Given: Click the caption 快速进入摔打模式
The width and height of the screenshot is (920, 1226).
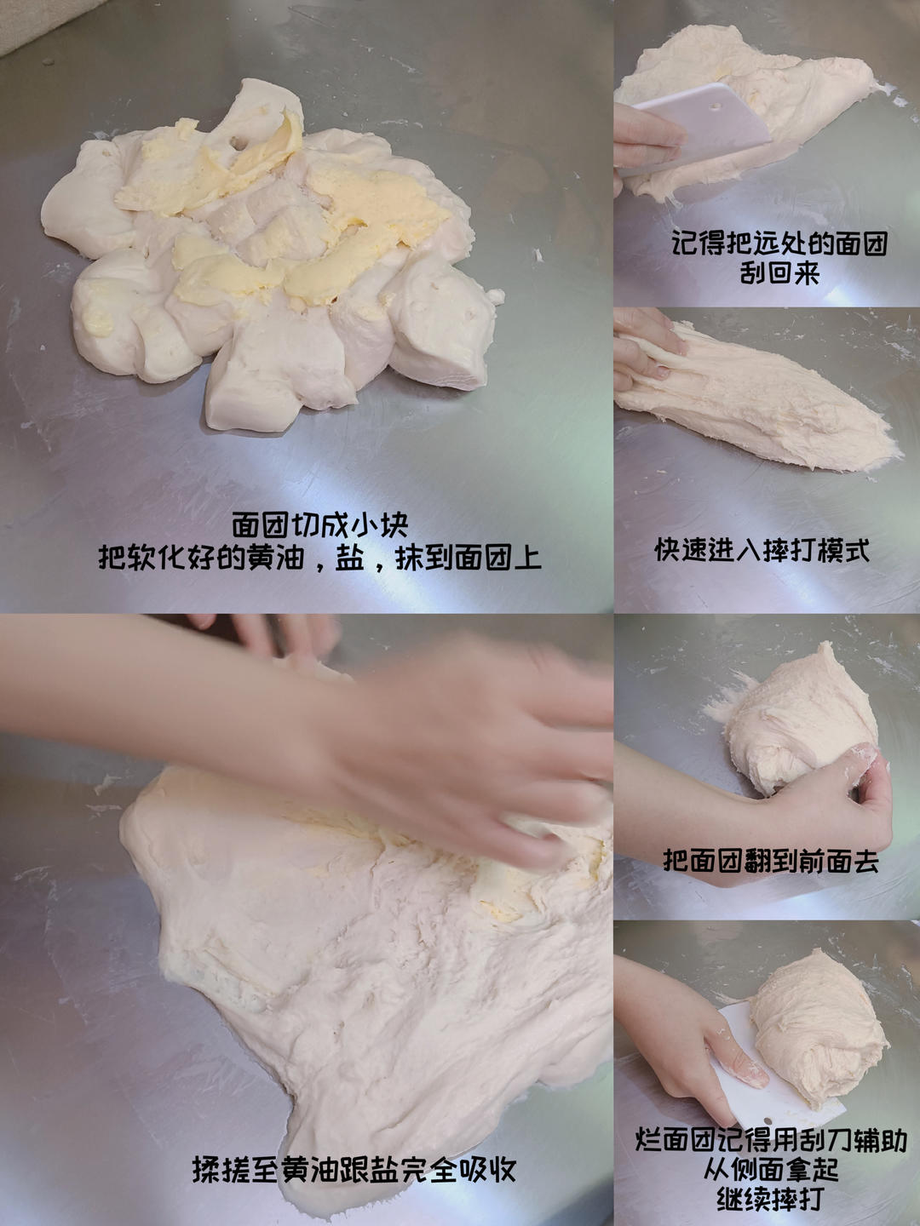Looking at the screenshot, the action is [762, 550].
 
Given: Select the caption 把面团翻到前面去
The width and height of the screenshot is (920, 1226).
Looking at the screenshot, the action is [771, 861].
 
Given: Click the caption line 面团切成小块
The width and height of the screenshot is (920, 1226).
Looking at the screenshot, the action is [320, 525].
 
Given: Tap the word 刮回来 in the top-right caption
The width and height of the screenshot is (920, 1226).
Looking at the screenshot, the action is [779, 273].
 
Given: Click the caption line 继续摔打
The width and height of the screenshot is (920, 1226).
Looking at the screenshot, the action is [771, 1200].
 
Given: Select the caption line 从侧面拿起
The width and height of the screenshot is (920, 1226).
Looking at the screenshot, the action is [771, 1168].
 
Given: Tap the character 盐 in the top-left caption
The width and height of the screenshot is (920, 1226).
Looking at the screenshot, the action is [349, 557].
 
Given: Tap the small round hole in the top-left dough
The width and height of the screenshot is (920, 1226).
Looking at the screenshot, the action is [239, 144].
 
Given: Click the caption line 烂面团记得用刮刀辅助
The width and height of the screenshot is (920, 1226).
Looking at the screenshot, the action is [771, 1137].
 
